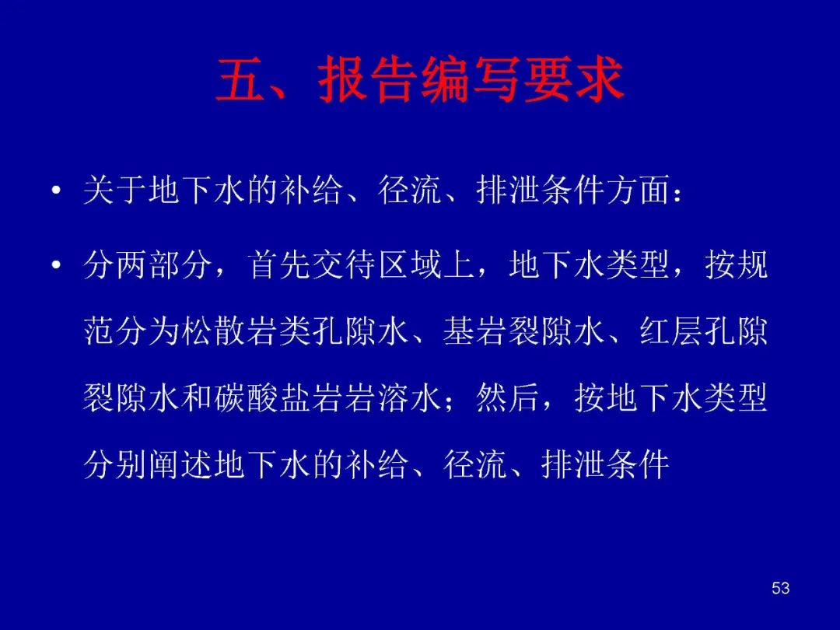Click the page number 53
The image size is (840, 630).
click(x=780, y=588)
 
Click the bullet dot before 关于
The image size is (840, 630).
click(x=56, y=191)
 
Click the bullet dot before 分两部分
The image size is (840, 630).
click(x=56, y=266)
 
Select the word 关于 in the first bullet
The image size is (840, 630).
click(x=115, y=190)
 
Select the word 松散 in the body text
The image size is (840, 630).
click(x=214, y=331)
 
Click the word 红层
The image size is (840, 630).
click(x=671, y=331)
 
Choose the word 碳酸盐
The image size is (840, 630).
click(x=263, y=398)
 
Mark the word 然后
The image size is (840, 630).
click(x=508, y=398)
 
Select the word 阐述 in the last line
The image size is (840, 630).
click(x=181, y=464)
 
